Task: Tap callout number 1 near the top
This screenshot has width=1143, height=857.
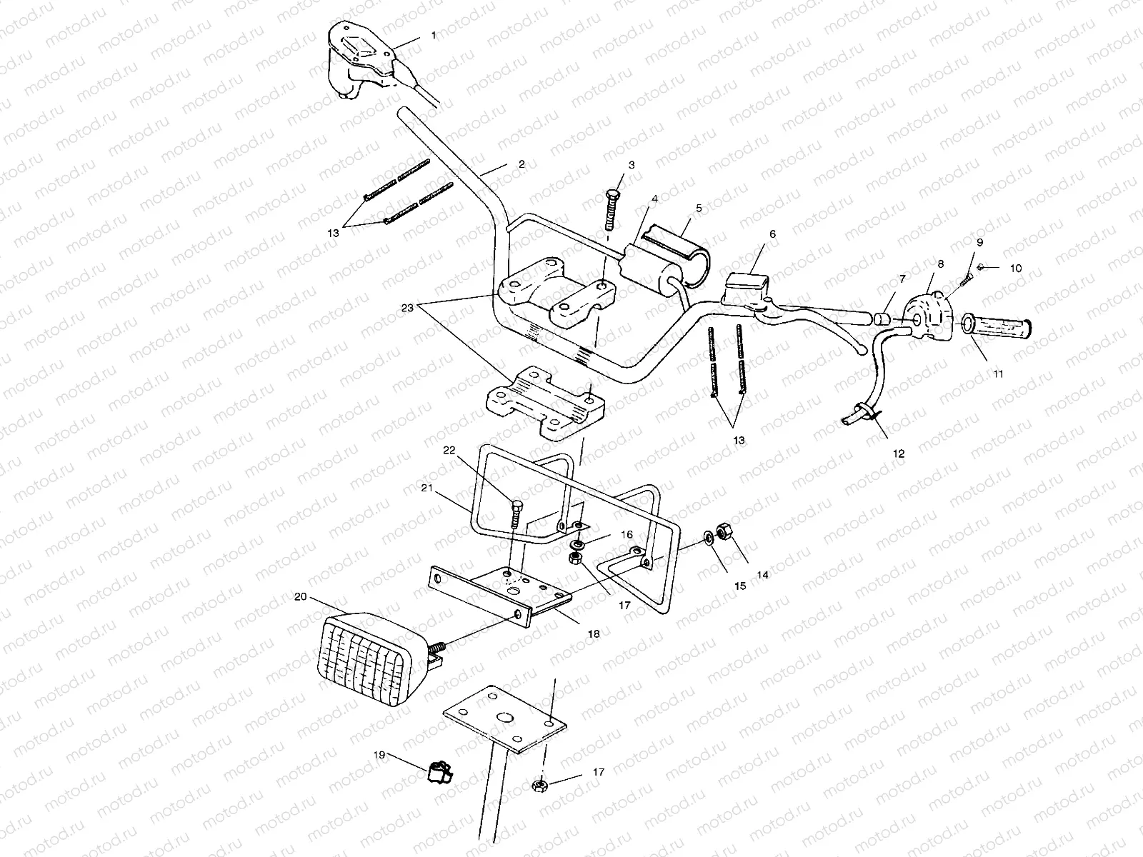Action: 433,35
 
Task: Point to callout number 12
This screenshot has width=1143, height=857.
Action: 899,453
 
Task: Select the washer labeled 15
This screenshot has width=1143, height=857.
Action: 707,536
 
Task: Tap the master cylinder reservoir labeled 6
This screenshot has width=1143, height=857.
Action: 744,280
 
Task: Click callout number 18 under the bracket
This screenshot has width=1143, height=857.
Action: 594,633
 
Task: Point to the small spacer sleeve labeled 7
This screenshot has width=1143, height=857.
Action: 882,318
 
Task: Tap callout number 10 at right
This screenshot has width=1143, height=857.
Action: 1015,269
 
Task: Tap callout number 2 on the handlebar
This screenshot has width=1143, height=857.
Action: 521,164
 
